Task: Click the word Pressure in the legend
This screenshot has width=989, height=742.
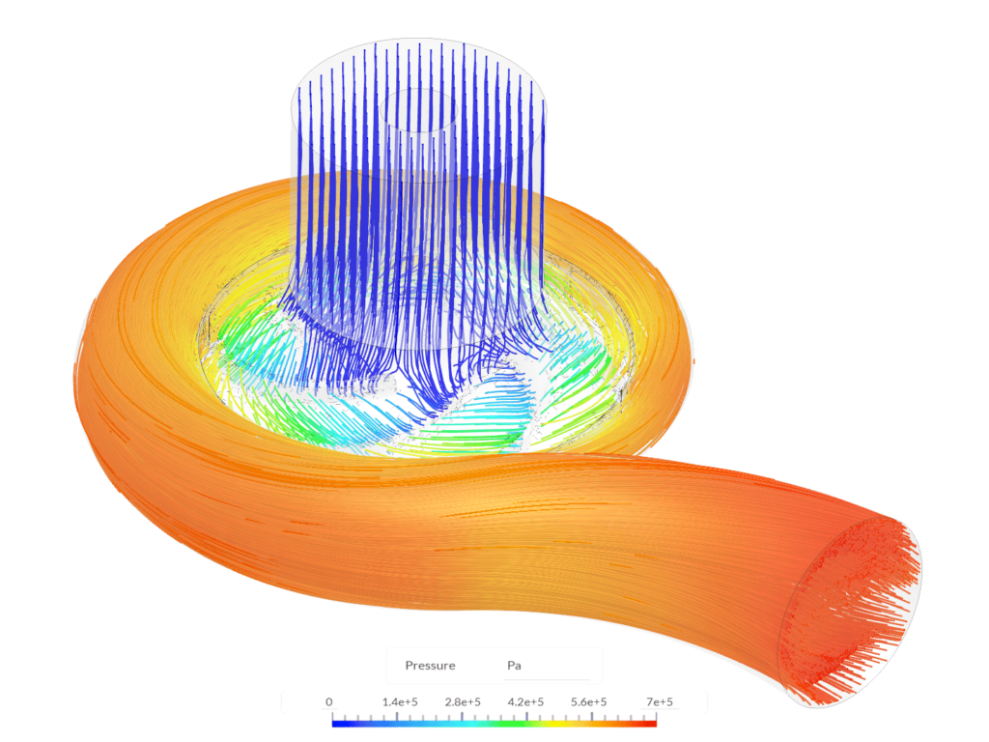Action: (x=430, y=666)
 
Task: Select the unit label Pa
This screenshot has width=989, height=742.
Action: (x=514, y=666)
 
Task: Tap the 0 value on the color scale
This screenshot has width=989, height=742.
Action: (x=329, y=702)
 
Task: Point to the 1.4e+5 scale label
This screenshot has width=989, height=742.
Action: (x=398, y=702)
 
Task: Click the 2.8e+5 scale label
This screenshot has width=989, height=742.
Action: (x=463, y=702)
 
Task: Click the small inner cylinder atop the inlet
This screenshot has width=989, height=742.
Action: (x=419, y=109)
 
